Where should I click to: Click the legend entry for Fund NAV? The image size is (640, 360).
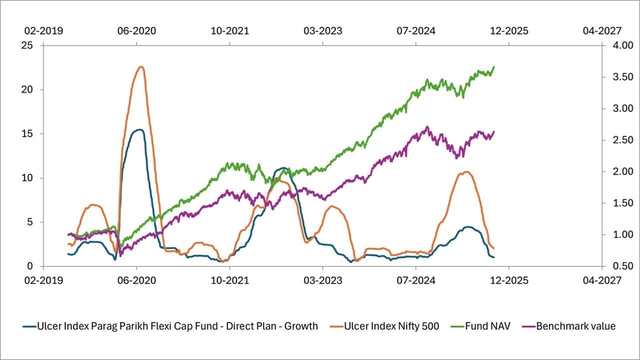tap(488, 326)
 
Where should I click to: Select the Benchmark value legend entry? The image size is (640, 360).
tap(575, 326)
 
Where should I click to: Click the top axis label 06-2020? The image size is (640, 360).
tap(136, 31)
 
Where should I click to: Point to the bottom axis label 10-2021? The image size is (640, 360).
tap(229, 281)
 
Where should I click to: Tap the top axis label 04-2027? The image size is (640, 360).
tap(602, 31)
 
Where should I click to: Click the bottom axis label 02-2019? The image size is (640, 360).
tap(43, 281)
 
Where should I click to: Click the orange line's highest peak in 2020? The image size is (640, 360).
tap(141, 66)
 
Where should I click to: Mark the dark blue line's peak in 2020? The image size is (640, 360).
tap(140, 129)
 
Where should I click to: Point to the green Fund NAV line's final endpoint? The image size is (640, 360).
tap(494, 66)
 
